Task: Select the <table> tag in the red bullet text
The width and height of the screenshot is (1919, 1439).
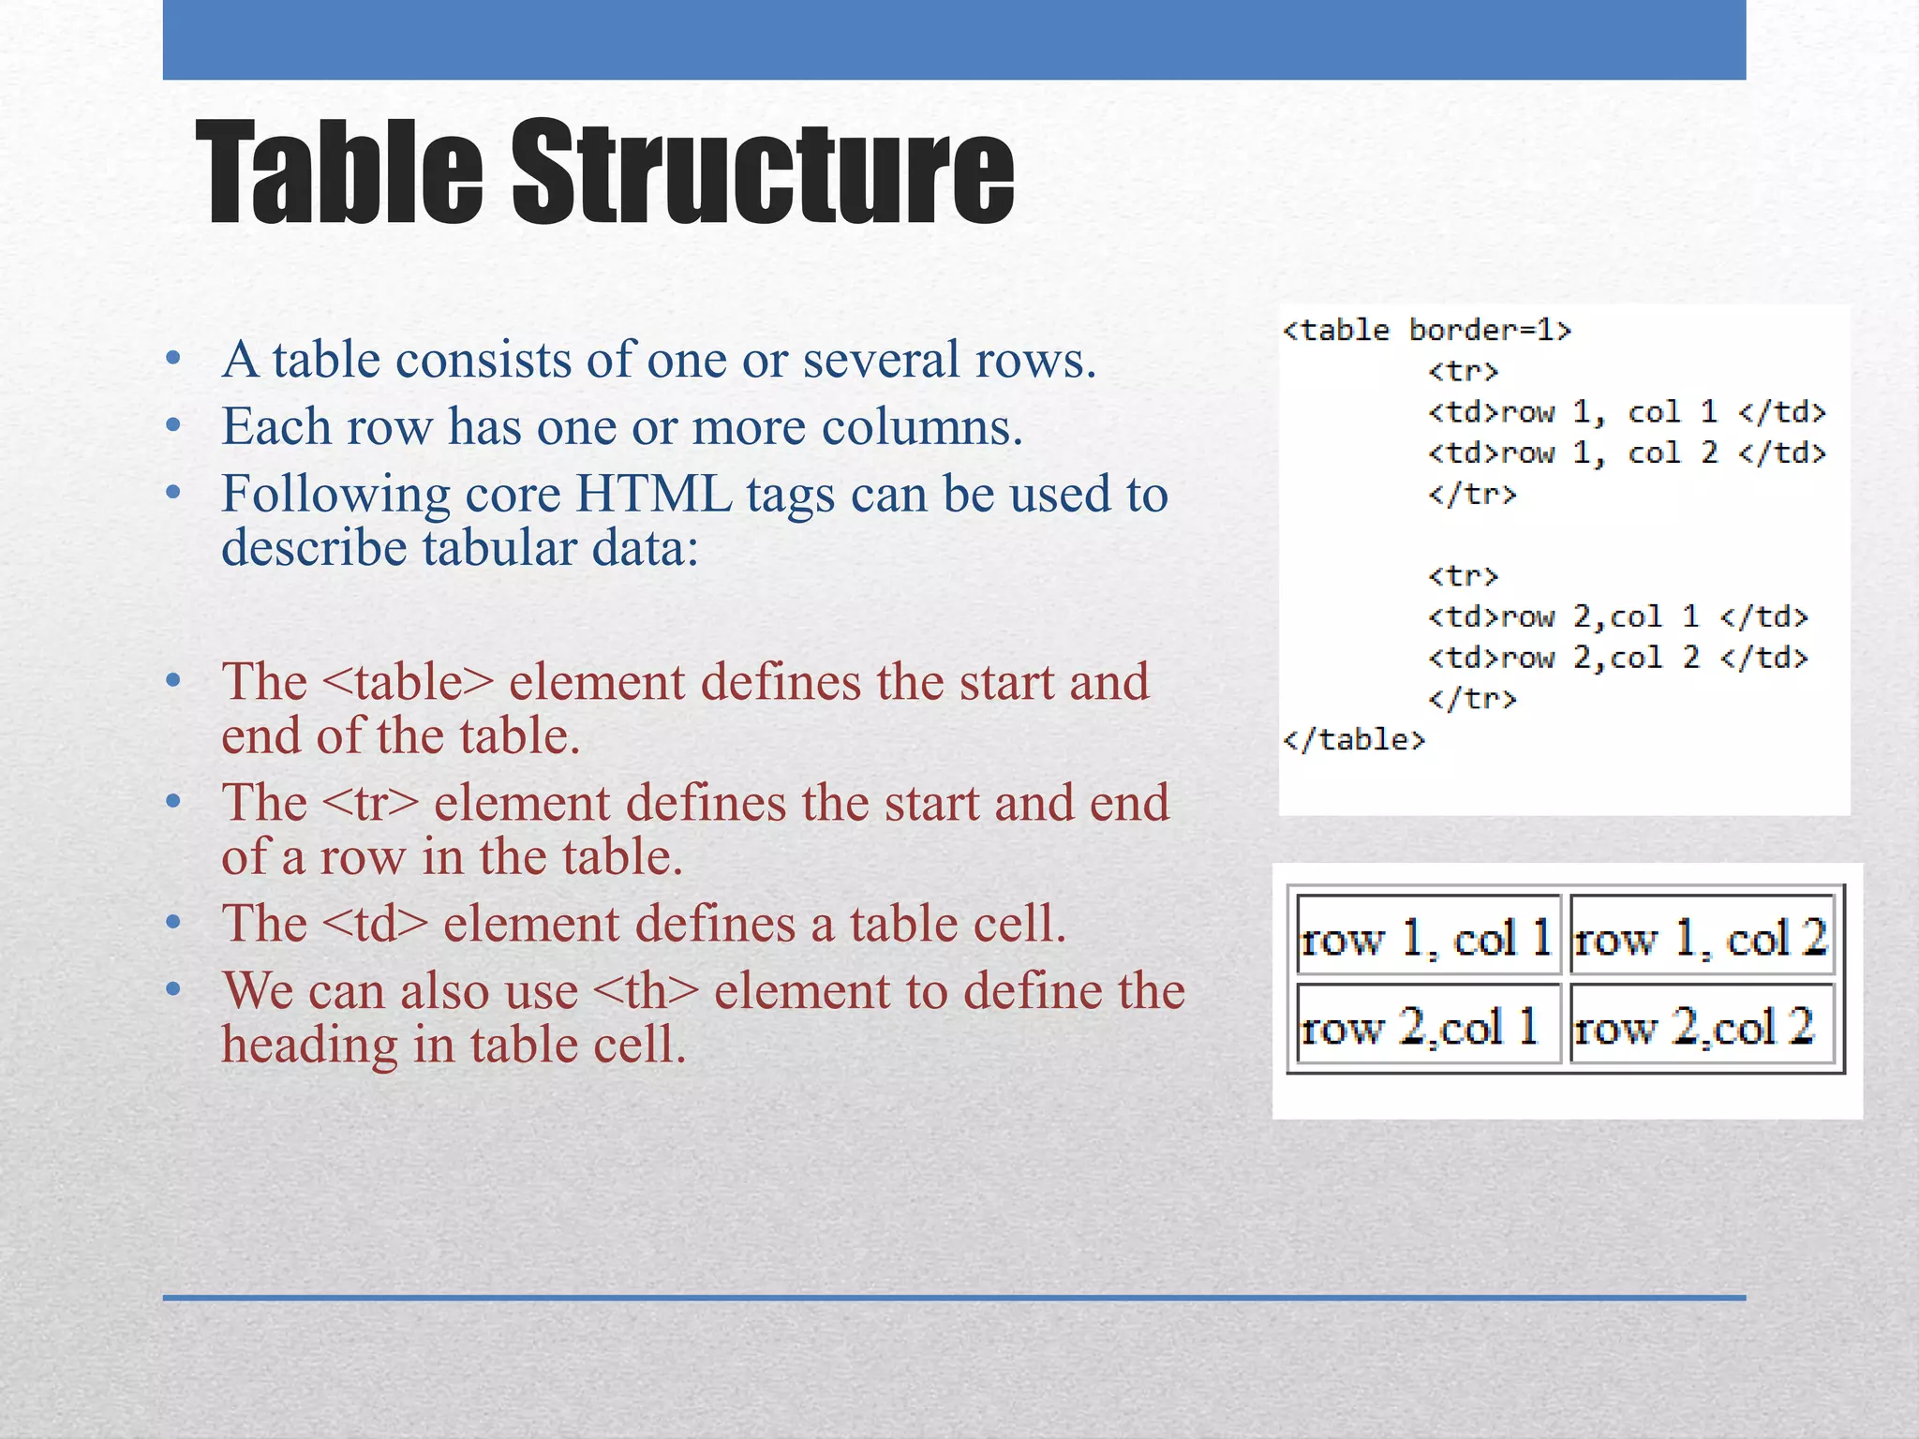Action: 407,682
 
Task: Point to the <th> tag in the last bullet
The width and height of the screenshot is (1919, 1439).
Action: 647,991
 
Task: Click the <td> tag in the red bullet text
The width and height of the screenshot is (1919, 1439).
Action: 375,924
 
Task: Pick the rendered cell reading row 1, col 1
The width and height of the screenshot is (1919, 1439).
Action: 1427,937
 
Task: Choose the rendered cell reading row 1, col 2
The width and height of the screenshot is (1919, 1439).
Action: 1701,937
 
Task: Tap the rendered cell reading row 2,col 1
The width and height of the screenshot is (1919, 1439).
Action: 1427,1025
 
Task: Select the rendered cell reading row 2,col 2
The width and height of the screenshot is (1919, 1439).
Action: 1701,1025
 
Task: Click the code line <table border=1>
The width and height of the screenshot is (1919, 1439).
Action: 1426,330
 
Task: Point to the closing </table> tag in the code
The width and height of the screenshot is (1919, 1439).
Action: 1354,740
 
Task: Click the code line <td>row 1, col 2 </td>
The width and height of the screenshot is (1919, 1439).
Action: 1627,453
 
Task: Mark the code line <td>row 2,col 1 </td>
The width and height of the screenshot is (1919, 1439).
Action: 1617,616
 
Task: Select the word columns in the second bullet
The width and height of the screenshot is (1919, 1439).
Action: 922,427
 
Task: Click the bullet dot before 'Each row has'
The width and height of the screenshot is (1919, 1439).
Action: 172,426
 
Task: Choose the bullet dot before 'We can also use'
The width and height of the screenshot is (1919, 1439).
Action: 172,990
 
